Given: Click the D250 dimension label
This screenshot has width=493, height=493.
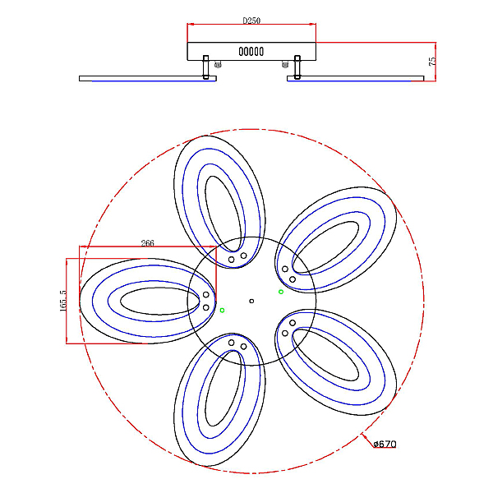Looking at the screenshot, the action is pos(251,21).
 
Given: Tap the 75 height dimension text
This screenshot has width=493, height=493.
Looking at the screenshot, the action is pos(433,61).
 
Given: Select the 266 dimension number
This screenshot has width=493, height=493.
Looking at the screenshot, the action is pos(147,243).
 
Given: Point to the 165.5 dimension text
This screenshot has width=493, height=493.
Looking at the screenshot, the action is pos(63,301).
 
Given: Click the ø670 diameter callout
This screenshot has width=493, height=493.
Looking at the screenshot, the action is pos(385,444).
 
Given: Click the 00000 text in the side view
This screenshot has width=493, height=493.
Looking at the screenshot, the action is pos(251,52).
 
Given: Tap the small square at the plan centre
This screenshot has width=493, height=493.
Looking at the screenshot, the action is pos(251,302).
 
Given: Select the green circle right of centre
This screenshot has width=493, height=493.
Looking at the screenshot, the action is pos(281,292).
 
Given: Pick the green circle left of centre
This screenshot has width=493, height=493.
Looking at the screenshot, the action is pos(223,311).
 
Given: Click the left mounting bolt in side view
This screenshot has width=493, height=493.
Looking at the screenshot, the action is pos(205,67).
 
